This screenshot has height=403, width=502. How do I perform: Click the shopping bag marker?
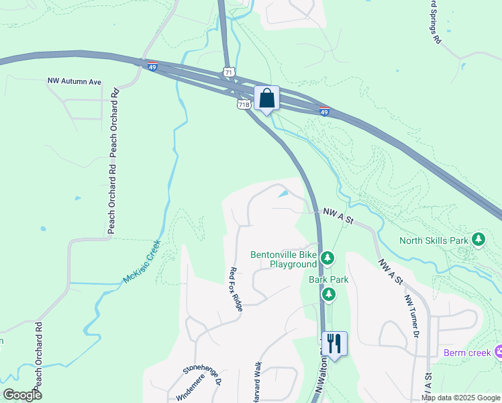267,99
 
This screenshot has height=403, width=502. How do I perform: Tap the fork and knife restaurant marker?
334,344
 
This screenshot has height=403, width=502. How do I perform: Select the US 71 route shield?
230,72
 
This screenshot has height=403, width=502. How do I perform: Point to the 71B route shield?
244,104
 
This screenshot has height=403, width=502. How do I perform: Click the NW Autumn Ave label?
74,81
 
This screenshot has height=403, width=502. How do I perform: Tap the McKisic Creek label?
142,263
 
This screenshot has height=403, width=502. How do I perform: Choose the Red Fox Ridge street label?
235,289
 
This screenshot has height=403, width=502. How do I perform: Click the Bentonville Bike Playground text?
283,259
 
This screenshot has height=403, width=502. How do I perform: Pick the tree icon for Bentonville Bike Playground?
328,257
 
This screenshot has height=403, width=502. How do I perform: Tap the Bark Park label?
328,279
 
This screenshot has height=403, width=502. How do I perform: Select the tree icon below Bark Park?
328,294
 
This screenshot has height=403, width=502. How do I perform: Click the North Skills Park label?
433,240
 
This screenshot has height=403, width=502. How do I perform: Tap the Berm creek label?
467,353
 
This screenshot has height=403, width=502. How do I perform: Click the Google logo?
22,394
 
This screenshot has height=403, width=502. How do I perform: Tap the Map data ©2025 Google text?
461,398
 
